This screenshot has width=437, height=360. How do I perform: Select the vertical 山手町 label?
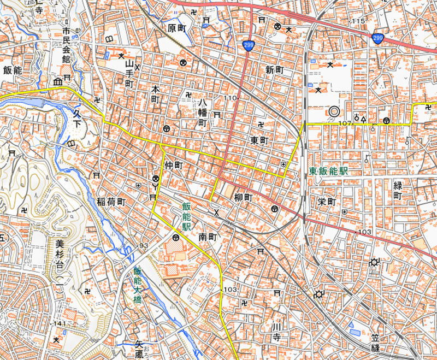(129, 74)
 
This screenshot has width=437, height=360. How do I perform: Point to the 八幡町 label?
(203, 113)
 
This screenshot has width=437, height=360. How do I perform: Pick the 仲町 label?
(172, 164)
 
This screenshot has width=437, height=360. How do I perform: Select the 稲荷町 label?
(111, 202)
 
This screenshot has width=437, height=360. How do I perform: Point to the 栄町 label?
(326, 202)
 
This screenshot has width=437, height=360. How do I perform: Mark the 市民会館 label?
(67, 46)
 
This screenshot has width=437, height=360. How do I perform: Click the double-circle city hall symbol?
(334, 111)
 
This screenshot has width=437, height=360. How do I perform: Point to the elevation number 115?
(358, 21)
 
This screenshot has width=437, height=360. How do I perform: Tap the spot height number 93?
(144, 245)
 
